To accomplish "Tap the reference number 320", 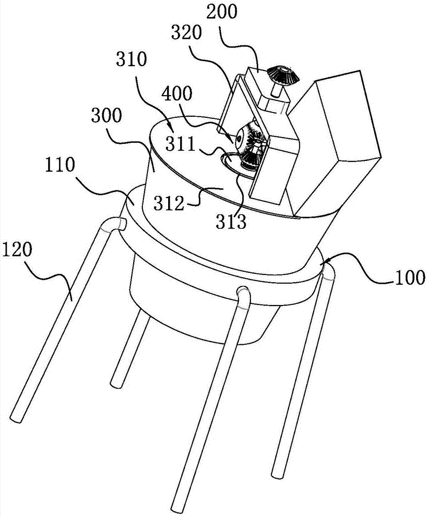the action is [x=186, y=33].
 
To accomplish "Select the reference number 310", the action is [x=131, y=60].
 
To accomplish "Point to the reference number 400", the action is [x=176, y=94].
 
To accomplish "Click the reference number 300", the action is [x=107, y=116].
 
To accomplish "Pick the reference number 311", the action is [x=181, y=144].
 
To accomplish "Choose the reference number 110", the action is [x=60, y=165].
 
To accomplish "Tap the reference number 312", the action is [x=169, y=204].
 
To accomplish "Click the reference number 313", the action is [x=231, y=222].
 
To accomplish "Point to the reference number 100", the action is [x=409, y=278].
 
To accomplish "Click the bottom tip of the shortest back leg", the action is [x=117, y=384].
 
